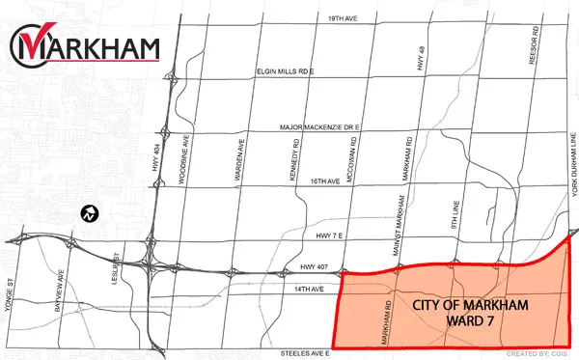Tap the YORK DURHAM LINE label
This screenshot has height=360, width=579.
pyautogui.click(x=571, y=193)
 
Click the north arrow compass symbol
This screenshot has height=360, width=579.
pyautogui.click(x=88, y=213)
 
